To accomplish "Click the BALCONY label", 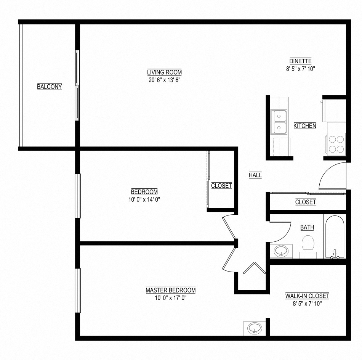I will point(49,87).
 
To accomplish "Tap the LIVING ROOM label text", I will point(164,72).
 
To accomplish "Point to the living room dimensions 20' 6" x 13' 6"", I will point(164,80).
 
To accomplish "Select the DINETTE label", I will point(300,61).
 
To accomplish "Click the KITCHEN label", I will point(304,126).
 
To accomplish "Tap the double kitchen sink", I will point(279,122).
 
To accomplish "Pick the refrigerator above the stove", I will point(334,111).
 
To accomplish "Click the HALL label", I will point(255,175).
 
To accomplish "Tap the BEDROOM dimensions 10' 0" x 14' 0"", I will point(144,199).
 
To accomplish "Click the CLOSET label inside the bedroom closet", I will point(221,186).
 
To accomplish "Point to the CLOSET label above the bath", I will point(305,202).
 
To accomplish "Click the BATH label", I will point(307,228).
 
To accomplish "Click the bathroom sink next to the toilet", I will point(282,251).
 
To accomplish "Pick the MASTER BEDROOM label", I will point(170,290).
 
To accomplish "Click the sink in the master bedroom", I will point(254,328).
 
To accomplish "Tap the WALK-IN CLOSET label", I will point(307,296).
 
